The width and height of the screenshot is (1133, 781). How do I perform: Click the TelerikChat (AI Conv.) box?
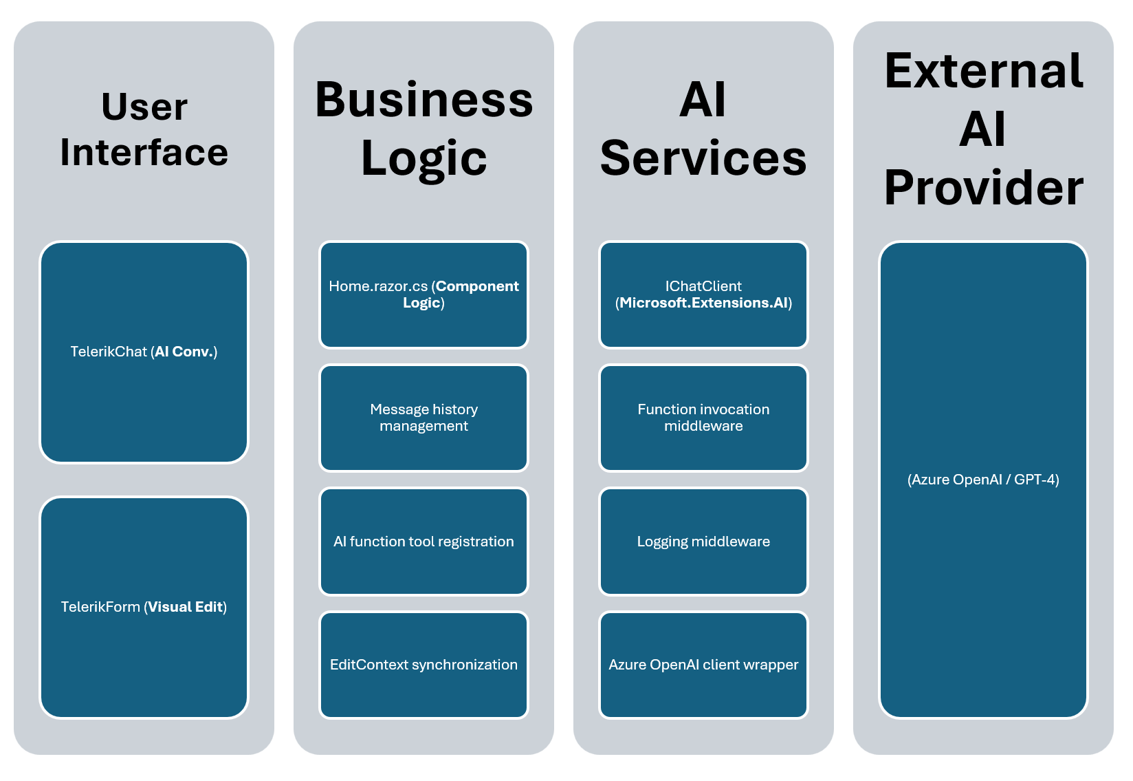[x=144, y=352]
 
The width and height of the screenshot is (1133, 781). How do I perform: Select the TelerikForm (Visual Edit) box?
[x=144, y=608]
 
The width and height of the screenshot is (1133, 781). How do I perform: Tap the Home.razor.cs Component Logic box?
[x=423, y=295]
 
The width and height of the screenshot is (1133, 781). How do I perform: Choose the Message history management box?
[x=423, y=418]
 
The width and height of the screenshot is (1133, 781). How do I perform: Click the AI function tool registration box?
[x=423, y=542]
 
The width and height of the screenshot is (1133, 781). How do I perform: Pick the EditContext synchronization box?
[x=423, y=665]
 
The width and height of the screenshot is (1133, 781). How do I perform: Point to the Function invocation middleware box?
[x=703, y=418]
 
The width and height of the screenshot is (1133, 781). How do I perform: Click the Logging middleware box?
[x=703, y=542]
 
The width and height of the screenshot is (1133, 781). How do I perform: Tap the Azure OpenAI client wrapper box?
[x=703, y=665]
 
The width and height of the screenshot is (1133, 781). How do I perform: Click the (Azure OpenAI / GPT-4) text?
[x=983, y=480]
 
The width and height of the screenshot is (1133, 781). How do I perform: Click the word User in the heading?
[x=144, y=107]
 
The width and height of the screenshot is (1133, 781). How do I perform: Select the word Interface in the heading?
[x=144, y=152]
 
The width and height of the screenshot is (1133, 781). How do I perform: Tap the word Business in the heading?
[x=423, y=100]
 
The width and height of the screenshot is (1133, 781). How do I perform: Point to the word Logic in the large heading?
[x=423, y=159]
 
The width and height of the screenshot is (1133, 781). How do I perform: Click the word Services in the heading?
[x=703, y=158]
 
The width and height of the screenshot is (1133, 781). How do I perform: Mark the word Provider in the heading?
[x=983, y=188]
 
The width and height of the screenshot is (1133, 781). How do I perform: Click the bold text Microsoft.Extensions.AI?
[x=703, y=303]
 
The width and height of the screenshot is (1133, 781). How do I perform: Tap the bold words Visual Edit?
[x=186, y=608]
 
